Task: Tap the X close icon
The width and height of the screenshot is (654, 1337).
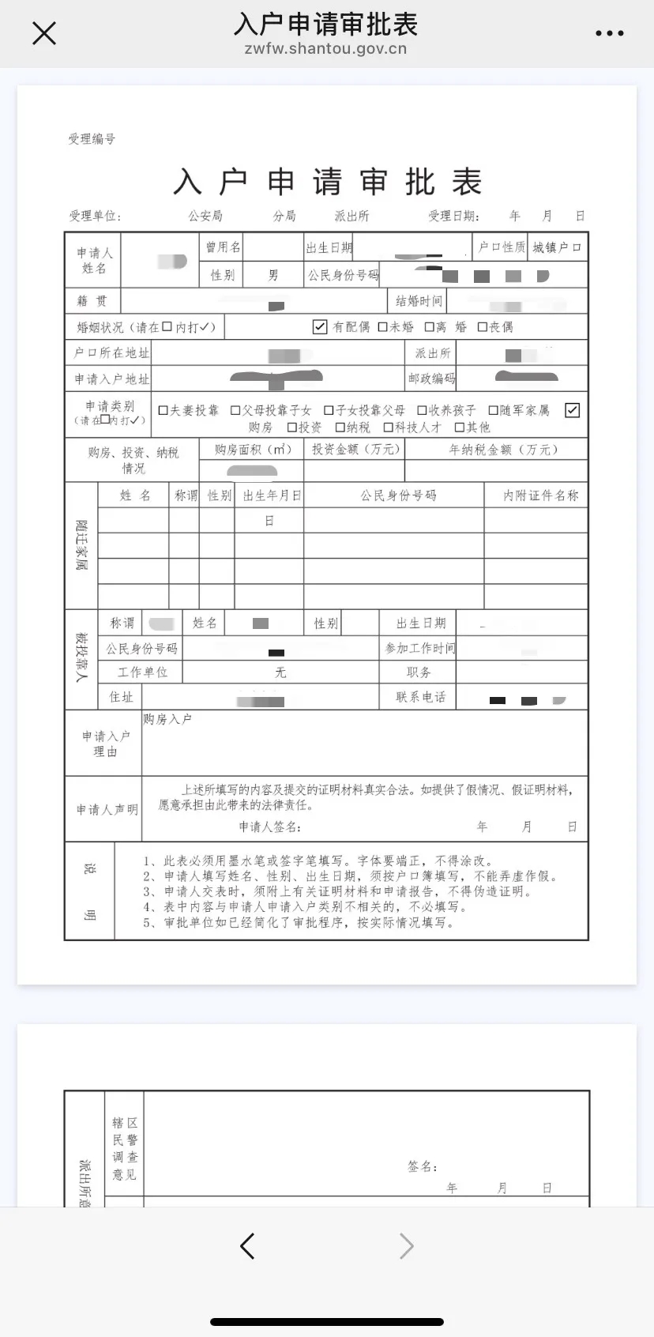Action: [x=44, y=33]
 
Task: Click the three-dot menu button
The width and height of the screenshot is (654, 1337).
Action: [x=609, y=33]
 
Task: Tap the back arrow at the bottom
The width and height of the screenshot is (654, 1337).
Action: [x=247, y=1246]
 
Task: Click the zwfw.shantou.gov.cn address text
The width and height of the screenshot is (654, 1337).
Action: [x=325, y=49]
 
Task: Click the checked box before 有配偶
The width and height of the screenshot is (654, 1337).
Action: [x=320, y=326]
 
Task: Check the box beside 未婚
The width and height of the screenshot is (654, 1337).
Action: [x=382, y=327]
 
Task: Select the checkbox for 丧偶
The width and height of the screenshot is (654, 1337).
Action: [x=482, y=327]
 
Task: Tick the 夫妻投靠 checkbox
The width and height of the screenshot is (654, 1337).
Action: [x=163, y=410]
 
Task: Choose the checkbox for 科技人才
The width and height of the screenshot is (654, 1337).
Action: [x=388, y=427]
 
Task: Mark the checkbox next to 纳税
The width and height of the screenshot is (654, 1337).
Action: [x=340, y=427]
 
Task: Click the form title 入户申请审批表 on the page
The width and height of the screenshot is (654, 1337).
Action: [x=327, y=182]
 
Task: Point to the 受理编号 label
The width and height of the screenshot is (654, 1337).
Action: [x=92, y=139]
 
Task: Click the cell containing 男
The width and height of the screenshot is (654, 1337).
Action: [x=273, y=275]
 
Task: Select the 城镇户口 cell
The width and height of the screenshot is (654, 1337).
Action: [x=557, y=247]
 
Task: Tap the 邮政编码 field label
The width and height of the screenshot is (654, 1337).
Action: [x=431, y=379]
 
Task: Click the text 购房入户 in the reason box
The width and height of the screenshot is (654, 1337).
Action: [x=167, y=719]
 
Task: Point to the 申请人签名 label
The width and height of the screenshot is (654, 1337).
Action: [x=270, y=827]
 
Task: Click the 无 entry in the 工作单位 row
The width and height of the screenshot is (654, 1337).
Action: [x=280, y=672]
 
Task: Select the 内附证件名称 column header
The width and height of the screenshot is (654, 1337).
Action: [x=540, y=495]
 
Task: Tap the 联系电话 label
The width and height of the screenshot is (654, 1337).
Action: [x=420, y=697]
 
